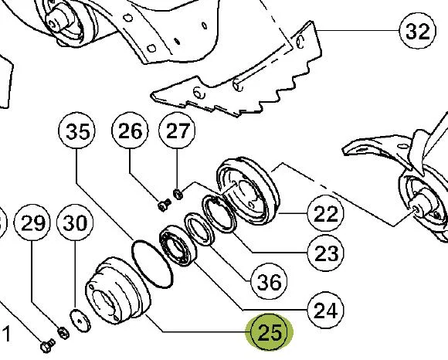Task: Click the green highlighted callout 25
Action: tap(270, 332)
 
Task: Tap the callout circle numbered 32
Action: tap(417, 31)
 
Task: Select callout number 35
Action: tap(76, 131)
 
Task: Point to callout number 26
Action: tap(130, 131)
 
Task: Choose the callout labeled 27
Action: tap(177, 131)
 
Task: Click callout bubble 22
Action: tap(326, 213)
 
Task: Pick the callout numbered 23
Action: tap(326, 253)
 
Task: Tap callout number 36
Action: tap(269, 281)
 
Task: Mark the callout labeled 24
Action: tap(326, 310)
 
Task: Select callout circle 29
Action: tap(32, 222)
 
